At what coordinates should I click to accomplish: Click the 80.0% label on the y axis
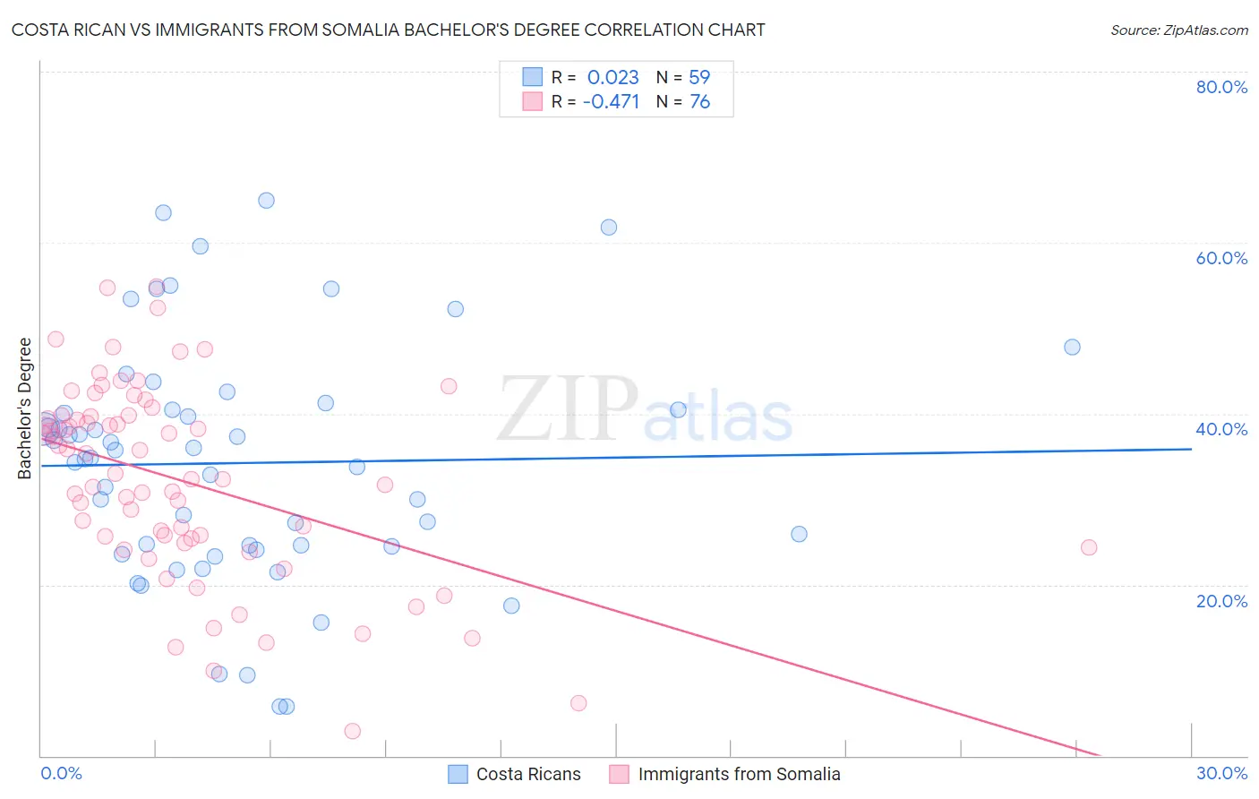1221,87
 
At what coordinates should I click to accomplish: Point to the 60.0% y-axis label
1221,258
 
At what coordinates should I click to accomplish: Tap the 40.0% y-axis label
1221,429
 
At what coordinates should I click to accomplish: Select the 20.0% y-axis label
1221,600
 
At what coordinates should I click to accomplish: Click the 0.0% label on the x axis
61,773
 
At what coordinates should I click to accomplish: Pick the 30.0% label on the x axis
1221,773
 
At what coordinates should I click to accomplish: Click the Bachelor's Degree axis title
25,408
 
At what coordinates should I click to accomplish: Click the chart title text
388,30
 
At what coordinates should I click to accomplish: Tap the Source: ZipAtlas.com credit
1178,30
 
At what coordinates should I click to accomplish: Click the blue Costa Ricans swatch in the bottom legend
458,774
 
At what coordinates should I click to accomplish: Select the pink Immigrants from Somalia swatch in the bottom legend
619,774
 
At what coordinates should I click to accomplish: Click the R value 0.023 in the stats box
612,77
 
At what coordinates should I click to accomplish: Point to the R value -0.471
611,102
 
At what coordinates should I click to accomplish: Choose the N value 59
699,77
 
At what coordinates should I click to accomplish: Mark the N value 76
699,102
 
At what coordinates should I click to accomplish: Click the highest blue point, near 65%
266,201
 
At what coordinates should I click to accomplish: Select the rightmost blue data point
1072,347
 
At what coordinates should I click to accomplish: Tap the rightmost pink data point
1089,547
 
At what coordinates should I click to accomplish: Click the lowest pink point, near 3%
353,731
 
